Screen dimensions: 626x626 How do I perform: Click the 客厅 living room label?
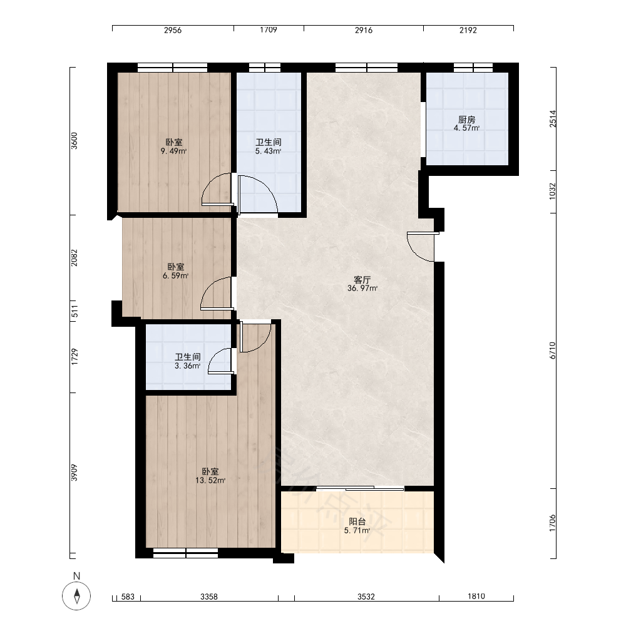pos(362,279)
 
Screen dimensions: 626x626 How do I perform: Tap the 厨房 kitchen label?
pos(466,120)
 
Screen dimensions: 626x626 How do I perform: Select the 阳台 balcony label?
pos(357,521)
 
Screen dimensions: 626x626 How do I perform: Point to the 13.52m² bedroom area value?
pos(210,480)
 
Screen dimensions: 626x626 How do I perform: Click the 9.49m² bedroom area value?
pos(173,151)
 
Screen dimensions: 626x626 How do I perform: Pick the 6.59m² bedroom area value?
pos(176,275)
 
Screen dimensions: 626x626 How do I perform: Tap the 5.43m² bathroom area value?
pos(269,151)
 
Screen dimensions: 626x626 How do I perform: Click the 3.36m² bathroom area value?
pos(188,366)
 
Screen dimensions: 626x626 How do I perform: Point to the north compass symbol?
pos(76,596)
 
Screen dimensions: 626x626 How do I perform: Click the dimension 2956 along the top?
pos(173,30)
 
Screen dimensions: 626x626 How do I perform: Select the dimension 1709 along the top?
pos(269,30)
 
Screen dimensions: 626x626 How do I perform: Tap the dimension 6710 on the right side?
pos(553,350)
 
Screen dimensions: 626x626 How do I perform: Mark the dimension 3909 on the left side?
pos(74,473)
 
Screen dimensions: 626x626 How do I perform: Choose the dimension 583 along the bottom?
pos(128,597)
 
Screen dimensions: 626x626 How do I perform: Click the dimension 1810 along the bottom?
pos(476,597)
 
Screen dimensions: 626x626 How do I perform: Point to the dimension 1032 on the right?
pos(553,191)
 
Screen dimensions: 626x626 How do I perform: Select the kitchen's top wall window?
pos(473,68)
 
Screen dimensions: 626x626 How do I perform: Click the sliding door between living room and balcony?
pos(360,488)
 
